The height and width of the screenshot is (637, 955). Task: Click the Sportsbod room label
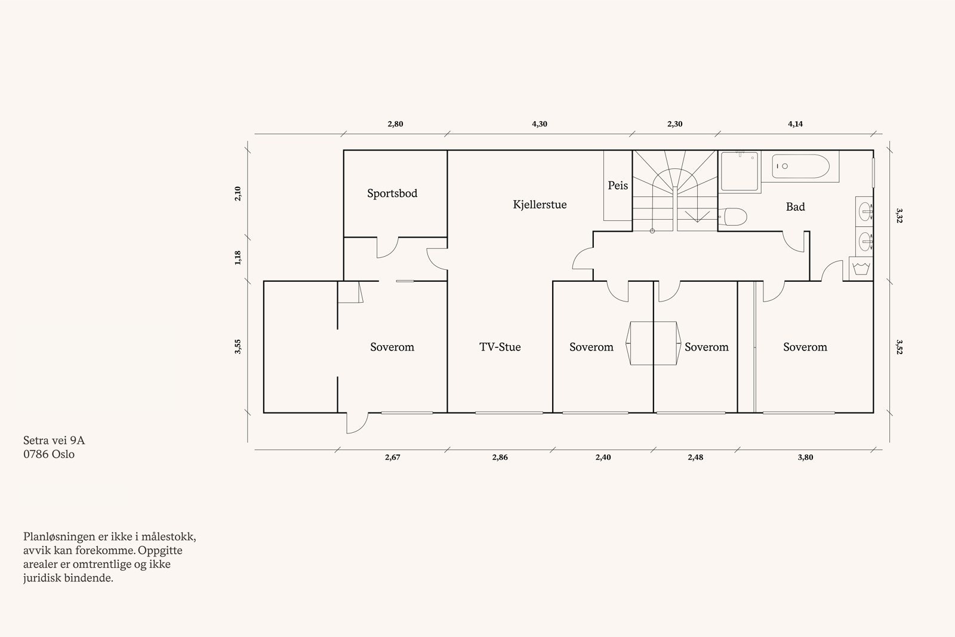pos(392,193)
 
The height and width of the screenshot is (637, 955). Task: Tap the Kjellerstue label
pos(540,205)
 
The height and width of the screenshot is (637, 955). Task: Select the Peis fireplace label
pos(618,186)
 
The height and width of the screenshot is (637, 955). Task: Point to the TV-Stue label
pos(500,347)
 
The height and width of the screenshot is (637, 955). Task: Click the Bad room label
pos(796,207)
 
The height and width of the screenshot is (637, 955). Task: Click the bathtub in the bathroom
pos(800,167)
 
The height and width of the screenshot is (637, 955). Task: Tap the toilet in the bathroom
pos(734,217)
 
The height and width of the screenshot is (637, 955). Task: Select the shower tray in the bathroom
pos(740,171)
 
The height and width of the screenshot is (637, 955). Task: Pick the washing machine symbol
pos(861,269)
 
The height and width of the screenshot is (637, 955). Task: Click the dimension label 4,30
pos(540,124)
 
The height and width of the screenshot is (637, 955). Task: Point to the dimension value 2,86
pos(500,457)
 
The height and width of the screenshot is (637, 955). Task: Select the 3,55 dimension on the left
pos(238,347)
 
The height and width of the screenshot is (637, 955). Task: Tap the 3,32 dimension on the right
pos(899,216)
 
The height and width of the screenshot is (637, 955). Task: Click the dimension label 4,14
pos(795,124)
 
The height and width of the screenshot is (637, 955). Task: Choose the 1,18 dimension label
pos(238,257)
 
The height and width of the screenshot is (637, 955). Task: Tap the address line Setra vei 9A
pos(54,440)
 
